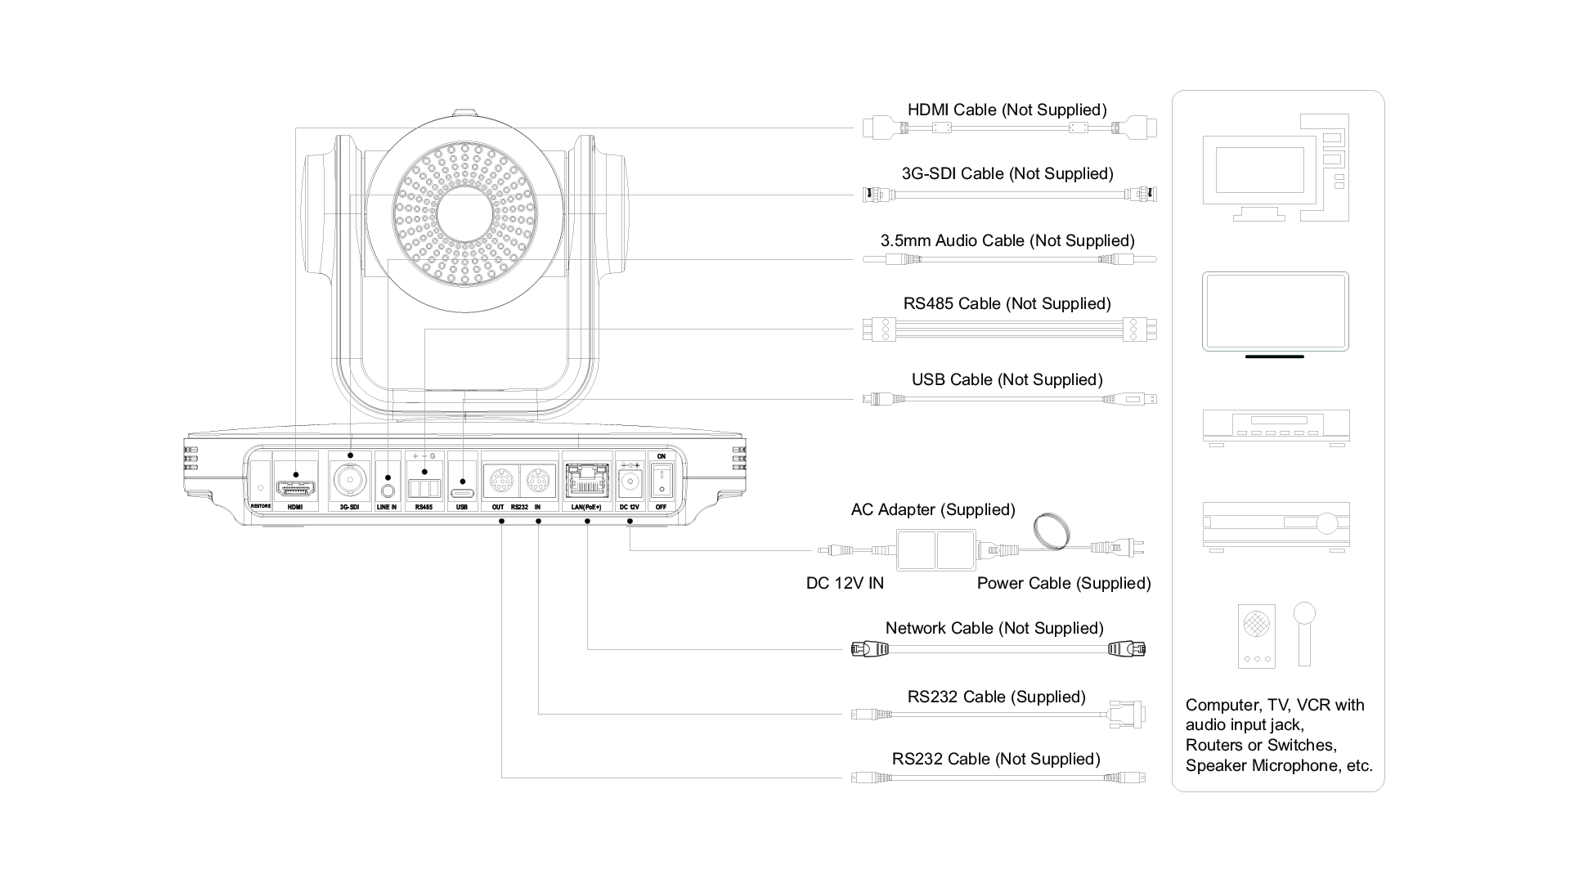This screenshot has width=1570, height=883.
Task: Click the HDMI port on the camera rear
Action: [296, 488]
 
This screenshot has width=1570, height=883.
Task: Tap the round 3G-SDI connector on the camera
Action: [350, 480]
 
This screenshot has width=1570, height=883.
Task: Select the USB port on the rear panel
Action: [463, 494]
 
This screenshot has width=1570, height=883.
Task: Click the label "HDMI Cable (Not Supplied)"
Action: [1007, 110]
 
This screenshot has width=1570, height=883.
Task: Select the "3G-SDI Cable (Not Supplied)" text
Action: [1007, 174]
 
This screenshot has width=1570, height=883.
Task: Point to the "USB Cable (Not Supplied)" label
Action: [1007, 379]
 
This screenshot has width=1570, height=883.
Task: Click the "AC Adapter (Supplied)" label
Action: [932, 509]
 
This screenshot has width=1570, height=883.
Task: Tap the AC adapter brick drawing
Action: [936, 549]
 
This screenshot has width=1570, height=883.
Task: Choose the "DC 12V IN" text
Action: [845, 583]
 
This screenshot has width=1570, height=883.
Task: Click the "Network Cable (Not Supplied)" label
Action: [994, 628]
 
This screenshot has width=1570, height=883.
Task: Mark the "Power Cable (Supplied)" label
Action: [1063, 583]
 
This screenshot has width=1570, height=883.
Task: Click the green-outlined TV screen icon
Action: [1275, 312]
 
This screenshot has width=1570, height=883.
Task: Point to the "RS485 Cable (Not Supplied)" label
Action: [1007, 303]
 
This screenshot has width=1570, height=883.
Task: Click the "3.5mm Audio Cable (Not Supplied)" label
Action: [1007, 240]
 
